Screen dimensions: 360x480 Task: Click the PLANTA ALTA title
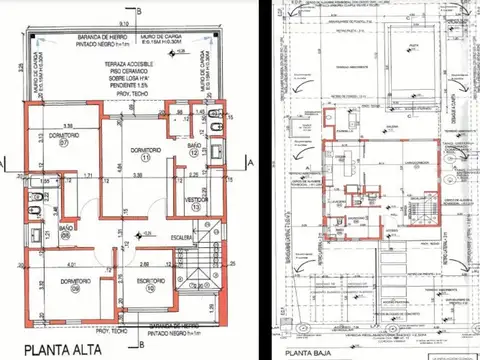pos(50,350)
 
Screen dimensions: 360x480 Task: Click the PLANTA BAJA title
pos(310,353)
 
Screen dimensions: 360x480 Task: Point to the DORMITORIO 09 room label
pos(62,283)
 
